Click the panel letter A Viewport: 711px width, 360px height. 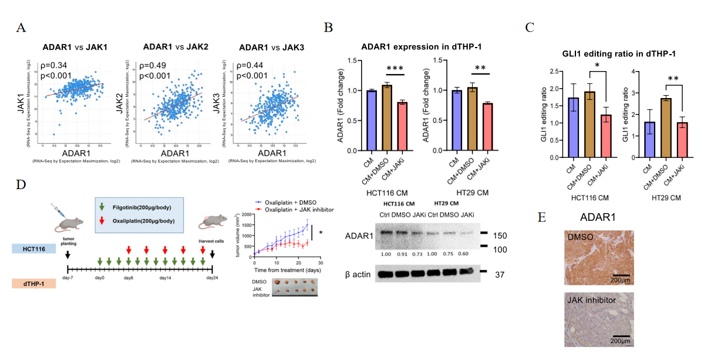point(21,28)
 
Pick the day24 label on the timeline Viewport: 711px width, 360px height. point(211,278)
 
